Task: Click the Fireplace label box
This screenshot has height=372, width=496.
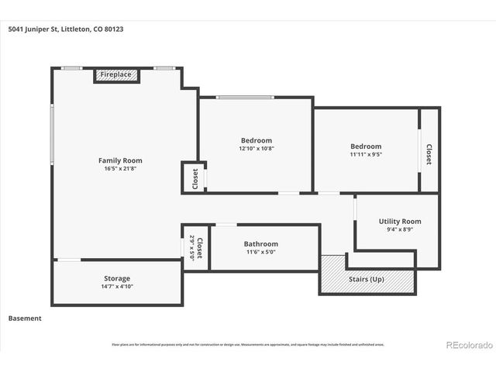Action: (117, 75)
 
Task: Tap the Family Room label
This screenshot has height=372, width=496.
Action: (120, 160)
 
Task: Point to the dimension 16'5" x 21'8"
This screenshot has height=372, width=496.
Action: (120, 169)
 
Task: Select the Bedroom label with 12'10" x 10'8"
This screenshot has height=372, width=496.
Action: (256, 139)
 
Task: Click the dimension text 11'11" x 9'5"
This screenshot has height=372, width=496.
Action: (365, 154)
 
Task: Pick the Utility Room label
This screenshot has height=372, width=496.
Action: (400, 222)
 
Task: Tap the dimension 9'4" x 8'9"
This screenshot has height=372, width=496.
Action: (400, 230)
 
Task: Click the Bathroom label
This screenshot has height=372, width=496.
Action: (261, 243)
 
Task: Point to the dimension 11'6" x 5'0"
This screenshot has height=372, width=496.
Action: (261, 252)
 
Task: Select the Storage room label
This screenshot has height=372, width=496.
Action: (117, 278)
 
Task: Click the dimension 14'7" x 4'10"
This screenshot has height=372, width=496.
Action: (117, 287)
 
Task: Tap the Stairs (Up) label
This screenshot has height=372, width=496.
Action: (367, 279)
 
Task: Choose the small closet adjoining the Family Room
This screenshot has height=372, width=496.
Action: (195, 178)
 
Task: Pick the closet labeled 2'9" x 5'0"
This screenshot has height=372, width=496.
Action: (196, 248)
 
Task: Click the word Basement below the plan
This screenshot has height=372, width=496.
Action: (25, 318)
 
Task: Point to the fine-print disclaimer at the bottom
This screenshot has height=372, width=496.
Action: (248, 345)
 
